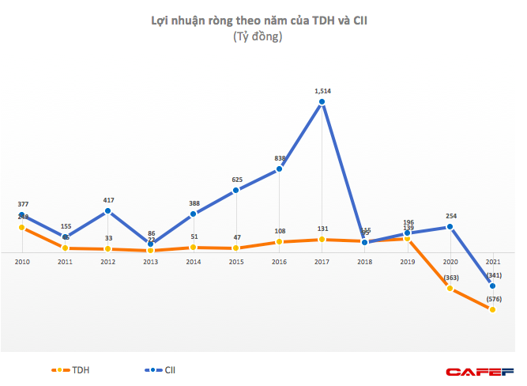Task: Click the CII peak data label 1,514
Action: pos(322,91)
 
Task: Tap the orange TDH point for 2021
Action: pos(492,310)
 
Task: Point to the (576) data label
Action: pos(492,298)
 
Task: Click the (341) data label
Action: pos(492,274)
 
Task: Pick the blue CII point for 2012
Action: pos(107,210)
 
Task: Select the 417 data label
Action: pos(108,199)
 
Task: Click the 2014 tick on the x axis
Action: pos(194,261)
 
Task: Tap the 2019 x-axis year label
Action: pos(408,261)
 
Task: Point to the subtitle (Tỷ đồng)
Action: pos(258,36)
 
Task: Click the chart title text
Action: pos(258,21)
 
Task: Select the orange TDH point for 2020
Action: pos(450,289)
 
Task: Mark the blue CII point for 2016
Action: pos(280,169)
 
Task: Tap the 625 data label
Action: pos(237,180)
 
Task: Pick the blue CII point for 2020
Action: pos(450,227)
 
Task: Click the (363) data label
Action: pos(450,277)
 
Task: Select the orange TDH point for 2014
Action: pos(194,248)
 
